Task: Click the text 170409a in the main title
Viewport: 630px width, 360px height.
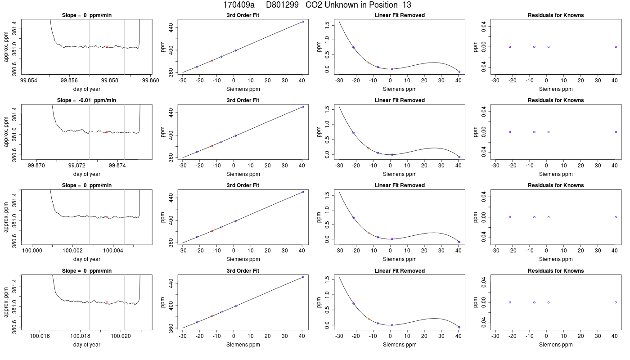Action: click(239, 5)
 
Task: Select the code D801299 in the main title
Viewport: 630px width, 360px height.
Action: click(283, 5)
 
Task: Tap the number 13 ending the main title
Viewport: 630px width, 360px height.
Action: click(407, 5)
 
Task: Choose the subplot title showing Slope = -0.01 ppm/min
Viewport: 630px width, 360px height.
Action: click(86, 100)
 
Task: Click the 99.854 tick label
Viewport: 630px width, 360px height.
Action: click(29, 81)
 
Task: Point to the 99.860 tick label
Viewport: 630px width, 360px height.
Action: click(150, 81)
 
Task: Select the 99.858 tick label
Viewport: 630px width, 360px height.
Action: click(110, 81)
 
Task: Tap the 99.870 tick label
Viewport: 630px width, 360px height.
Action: click(36, 166)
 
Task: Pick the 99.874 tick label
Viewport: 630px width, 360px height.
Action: click(117, 166)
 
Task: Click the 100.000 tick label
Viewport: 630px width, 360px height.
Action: click(32, 251)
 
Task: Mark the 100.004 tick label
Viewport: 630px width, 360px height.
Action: click(113, 251)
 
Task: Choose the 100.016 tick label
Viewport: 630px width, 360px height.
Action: click(40, 336)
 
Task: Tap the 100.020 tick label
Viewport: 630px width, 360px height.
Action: click(121, 336)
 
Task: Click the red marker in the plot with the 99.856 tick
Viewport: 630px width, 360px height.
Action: click(107, 47)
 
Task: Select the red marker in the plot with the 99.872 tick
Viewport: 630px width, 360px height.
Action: click(107, 132)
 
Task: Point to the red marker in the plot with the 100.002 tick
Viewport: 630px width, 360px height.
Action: click(107, 217)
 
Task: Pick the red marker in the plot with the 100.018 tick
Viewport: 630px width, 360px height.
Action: click(107, 302)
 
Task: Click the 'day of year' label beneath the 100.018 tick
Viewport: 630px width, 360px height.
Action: click(86, 345)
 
